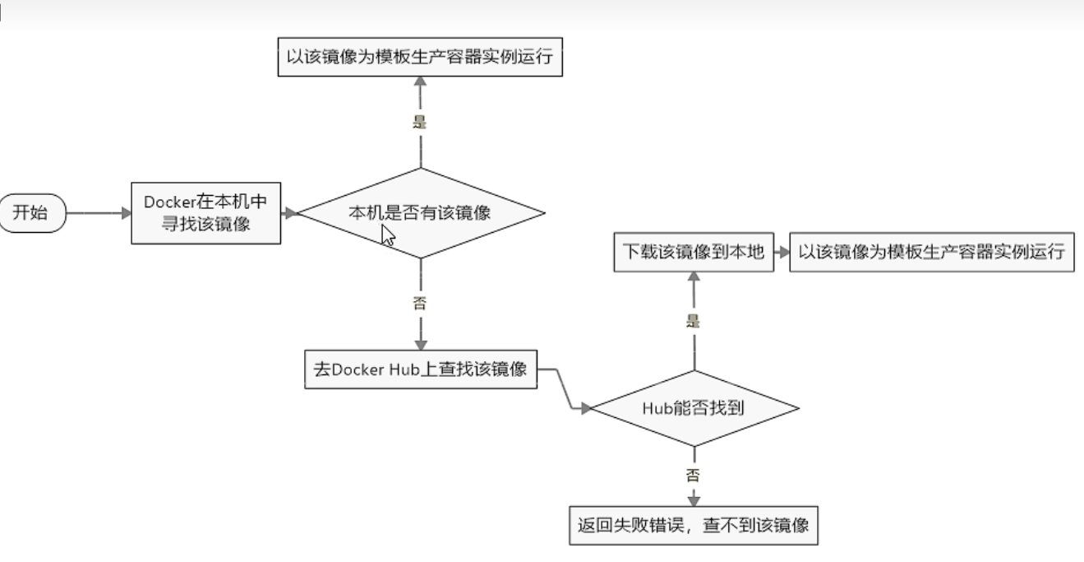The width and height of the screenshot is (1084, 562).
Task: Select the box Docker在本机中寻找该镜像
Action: [x=206, y=213]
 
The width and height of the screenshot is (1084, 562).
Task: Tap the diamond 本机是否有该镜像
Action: [x=420, y=213]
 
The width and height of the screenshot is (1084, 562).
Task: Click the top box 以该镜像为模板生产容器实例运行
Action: [x=420, y=59]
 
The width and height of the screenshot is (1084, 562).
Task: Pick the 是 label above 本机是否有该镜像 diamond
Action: [x=420, y=122]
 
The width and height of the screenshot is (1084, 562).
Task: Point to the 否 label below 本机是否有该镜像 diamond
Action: [x=420, y=301]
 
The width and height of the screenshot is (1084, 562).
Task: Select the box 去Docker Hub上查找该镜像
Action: [x=420, y=368]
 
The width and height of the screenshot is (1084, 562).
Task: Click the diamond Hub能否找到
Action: [x=694, y=407]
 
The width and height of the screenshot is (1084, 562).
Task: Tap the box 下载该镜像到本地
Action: [x=693, y=253]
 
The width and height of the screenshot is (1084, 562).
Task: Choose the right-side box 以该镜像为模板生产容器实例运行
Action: [x=931, y=253]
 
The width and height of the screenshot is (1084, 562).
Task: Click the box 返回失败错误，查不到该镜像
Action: [x=694, y=525]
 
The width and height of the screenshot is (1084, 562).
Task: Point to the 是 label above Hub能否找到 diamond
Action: [x=694, y=321]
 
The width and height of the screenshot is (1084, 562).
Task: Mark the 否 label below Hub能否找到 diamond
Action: [x=694, y=475]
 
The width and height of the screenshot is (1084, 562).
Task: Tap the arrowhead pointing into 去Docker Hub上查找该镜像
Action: [x=420, y=344]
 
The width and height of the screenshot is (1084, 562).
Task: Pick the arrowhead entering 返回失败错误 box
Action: [x=694, y=500]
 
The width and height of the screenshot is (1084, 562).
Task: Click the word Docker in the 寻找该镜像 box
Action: [x=168, y=202]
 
